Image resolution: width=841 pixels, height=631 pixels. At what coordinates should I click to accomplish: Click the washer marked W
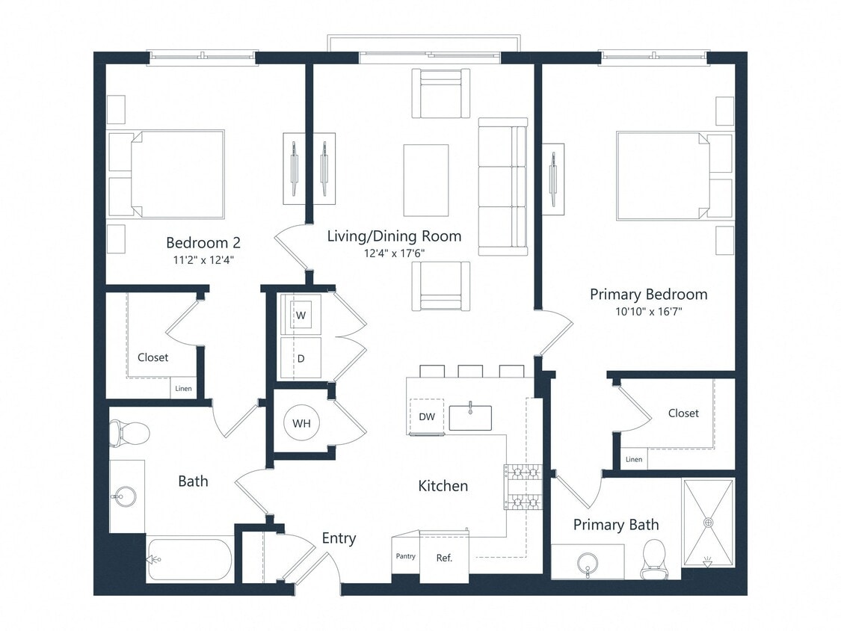(x=301, y=315)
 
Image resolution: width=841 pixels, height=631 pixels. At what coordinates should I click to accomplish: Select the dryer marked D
(x=301, y=358)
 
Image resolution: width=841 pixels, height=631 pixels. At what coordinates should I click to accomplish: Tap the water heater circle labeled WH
(x=301, y=423)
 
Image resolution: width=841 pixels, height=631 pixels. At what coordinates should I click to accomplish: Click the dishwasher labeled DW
(x=427, y=416)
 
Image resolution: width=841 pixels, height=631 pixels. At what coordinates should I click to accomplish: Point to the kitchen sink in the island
(x=470, y=418)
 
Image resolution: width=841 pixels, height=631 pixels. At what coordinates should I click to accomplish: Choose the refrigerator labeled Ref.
(x=443, y=558)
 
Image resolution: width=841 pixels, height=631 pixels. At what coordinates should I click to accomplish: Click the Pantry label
(x=405, y=556)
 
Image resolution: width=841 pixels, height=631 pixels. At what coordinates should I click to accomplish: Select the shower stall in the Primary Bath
(x=707, y=523)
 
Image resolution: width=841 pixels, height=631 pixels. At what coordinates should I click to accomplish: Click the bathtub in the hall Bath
(x=189, y=558)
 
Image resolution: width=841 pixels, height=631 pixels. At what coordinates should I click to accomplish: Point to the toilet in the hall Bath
(x=129, y=432)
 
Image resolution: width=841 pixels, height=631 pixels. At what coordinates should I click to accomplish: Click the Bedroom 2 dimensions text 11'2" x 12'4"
(x=203, y=261)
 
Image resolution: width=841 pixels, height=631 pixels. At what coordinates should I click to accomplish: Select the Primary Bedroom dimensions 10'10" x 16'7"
(x=647, y=312)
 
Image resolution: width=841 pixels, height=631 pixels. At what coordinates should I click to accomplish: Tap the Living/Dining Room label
(x=394, y=236)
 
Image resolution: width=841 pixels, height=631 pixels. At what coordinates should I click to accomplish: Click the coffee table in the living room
(x=425, y=180)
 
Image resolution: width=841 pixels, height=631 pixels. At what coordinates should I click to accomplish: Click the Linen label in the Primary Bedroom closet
(x=633, y=460)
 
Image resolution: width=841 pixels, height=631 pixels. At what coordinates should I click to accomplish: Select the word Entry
(x=339, y=538)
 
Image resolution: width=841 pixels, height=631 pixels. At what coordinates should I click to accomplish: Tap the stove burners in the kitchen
(x=523, y=486)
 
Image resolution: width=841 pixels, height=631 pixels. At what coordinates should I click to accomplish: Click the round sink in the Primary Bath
(x=588, y=561)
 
